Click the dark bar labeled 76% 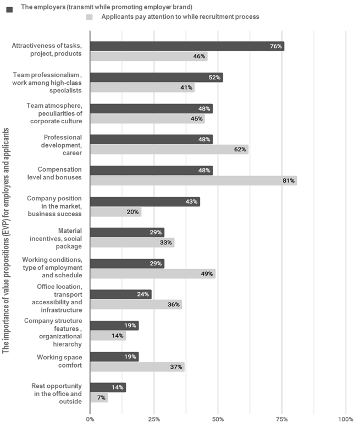point(187,46)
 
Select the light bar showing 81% point(193,180)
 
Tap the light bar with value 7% point(99,398)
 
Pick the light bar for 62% point(169,150)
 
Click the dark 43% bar point(145,201)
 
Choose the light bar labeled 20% point(116,212)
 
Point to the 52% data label point(214,78)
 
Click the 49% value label point(207,273)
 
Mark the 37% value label point(176,367)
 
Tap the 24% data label point(143,294)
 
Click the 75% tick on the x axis point(282,419)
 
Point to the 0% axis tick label point(90,419)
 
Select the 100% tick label point(346,419)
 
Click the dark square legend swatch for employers point(9,9)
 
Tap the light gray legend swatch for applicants point(89,17)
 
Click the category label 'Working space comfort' point(59,361)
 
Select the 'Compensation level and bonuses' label point(54,173)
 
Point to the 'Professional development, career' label point(62,145)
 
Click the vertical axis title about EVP point(5,240)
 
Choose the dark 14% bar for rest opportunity point(108,387)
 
